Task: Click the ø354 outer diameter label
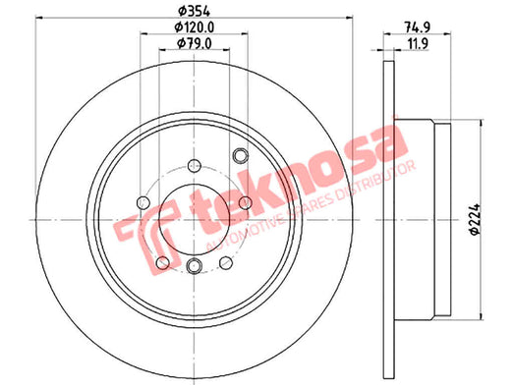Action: click(x=195, y=12)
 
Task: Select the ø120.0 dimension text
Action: click(x=195, y=27)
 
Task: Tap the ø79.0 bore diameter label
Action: click(x=195, y=43)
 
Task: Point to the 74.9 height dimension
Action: click(x=417, y=27)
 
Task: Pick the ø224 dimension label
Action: click(x=475, y=219)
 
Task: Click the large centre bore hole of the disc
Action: click(x=195, y=219)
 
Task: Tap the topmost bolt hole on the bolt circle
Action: click(x=195, y=165)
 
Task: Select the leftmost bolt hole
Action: click(x=142, y=202)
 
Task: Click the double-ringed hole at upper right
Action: click(x=241, y=155)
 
